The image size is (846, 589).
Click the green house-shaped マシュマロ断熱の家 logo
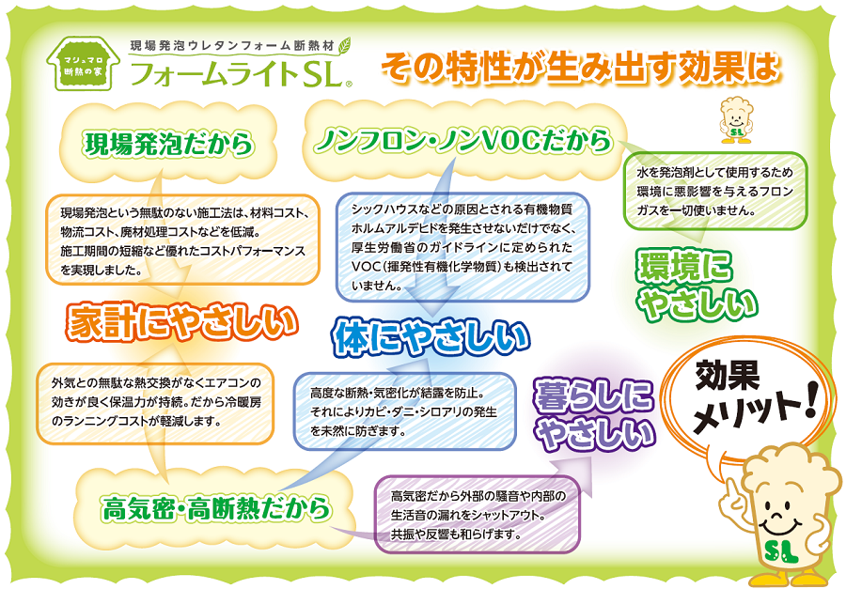[x=84, y=64]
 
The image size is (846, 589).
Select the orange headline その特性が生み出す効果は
[x=580, y=68]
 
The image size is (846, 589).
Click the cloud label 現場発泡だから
[x=169, y=144]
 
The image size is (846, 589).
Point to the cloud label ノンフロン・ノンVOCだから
[x=464, y=140]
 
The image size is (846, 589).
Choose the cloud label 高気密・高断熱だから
[x=216, y=508]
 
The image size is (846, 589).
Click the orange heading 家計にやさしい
[x=182, y=322]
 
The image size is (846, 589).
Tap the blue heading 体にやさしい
[x=431, y=338]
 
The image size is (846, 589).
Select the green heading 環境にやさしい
[x=697, y=286]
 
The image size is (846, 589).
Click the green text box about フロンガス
[x=715, y=192]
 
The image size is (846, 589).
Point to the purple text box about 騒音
[x=477, y=515]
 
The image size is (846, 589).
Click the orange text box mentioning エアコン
[x=155, y=403]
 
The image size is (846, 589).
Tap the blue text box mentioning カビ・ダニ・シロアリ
[x=404, y=412]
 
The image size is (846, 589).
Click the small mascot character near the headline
[x=736, y=119]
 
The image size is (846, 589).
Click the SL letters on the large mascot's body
[x=781, y=550]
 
